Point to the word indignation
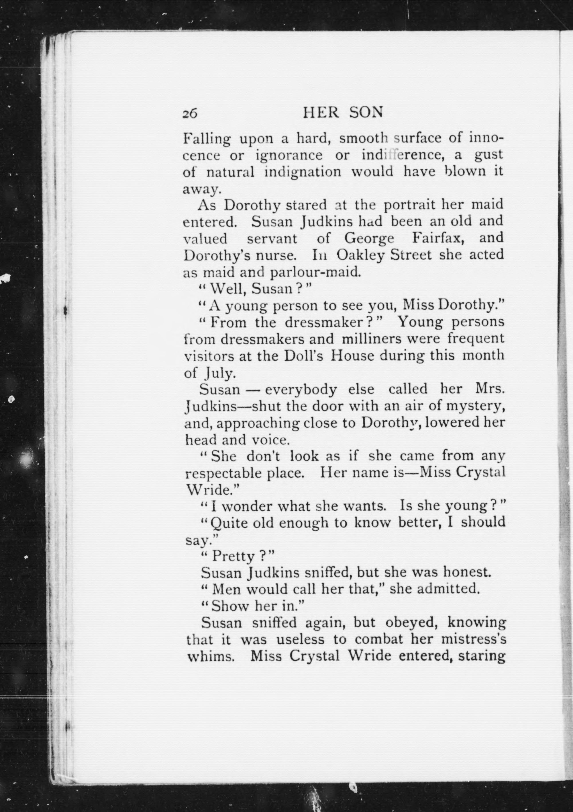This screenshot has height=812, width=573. tap(303, 172)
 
